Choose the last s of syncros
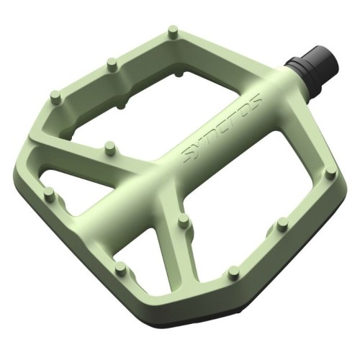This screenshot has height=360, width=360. [256, 96]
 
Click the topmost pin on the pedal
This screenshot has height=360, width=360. [172, 32]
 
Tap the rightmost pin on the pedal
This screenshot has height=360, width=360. [330, 173]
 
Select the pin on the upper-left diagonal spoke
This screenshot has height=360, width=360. [109, 148]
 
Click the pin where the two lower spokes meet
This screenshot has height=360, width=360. [183, 221]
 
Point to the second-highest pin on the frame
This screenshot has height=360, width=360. [111, 64]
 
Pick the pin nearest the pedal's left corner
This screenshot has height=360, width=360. [49, 193]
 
